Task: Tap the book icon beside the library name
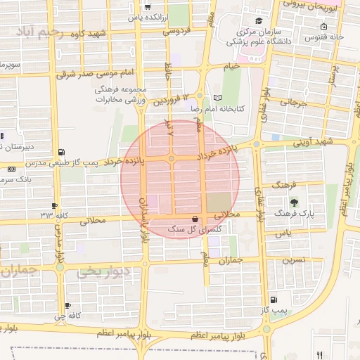(x=217, y=98)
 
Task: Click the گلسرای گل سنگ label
(x=186, y=230)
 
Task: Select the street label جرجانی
(x=295, y=103)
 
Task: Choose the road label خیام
(x=231, y=66)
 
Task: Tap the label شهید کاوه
(x=103, y=34)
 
